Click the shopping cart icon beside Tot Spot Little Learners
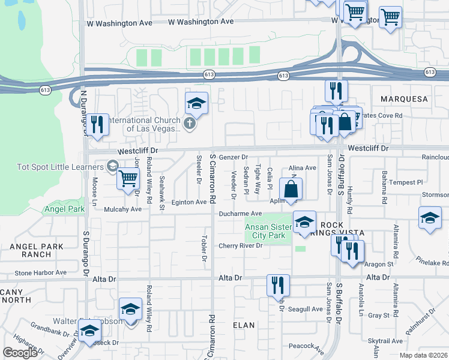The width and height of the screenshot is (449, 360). point(128,178)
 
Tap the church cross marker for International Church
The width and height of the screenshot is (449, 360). point(190,124)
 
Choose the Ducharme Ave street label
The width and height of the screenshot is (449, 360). point(240,214)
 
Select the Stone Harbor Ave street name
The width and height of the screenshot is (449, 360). point(40,272)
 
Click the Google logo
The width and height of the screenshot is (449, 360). point(20,352)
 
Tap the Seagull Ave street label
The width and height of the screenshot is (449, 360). point(305,309)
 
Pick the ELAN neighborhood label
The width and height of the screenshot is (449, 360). point(244,325)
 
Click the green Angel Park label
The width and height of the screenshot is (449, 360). point(61,209)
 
